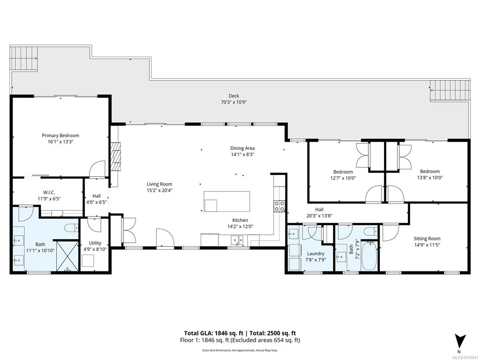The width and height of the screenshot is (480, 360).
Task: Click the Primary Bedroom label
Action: point(60,135)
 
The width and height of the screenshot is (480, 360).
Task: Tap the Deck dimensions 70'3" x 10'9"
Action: point(233,102)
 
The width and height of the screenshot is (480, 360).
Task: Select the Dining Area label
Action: point(242,149)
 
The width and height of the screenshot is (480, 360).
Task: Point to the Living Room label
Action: point(159,184)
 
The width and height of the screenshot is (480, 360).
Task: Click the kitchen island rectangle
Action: point(227,202)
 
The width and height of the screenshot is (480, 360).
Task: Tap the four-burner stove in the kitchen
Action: point(279,206)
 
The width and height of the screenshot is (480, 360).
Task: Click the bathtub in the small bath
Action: point(370,255)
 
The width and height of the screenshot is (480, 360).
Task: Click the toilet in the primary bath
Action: point(72,228)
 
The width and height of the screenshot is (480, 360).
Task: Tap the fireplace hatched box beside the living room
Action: point(116,156)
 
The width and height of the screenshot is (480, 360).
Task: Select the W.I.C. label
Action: point(49,192)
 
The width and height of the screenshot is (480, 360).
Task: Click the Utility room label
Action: point(95,243)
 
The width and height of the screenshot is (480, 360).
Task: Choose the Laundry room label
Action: point(315,254)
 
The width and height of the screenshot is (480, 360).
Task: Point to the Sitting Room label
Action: point(427,239)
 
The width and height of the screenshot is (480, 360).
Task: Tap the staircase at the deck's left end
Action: point(24,58)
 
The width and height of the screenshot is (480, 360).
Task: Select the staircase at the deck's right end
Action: point(450,90)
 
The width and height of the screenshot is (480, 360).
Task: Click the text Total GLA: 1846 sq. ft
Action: point(214,333)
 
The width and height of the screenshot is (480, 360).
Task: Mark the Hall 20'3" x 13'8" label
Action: point(319,212)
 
